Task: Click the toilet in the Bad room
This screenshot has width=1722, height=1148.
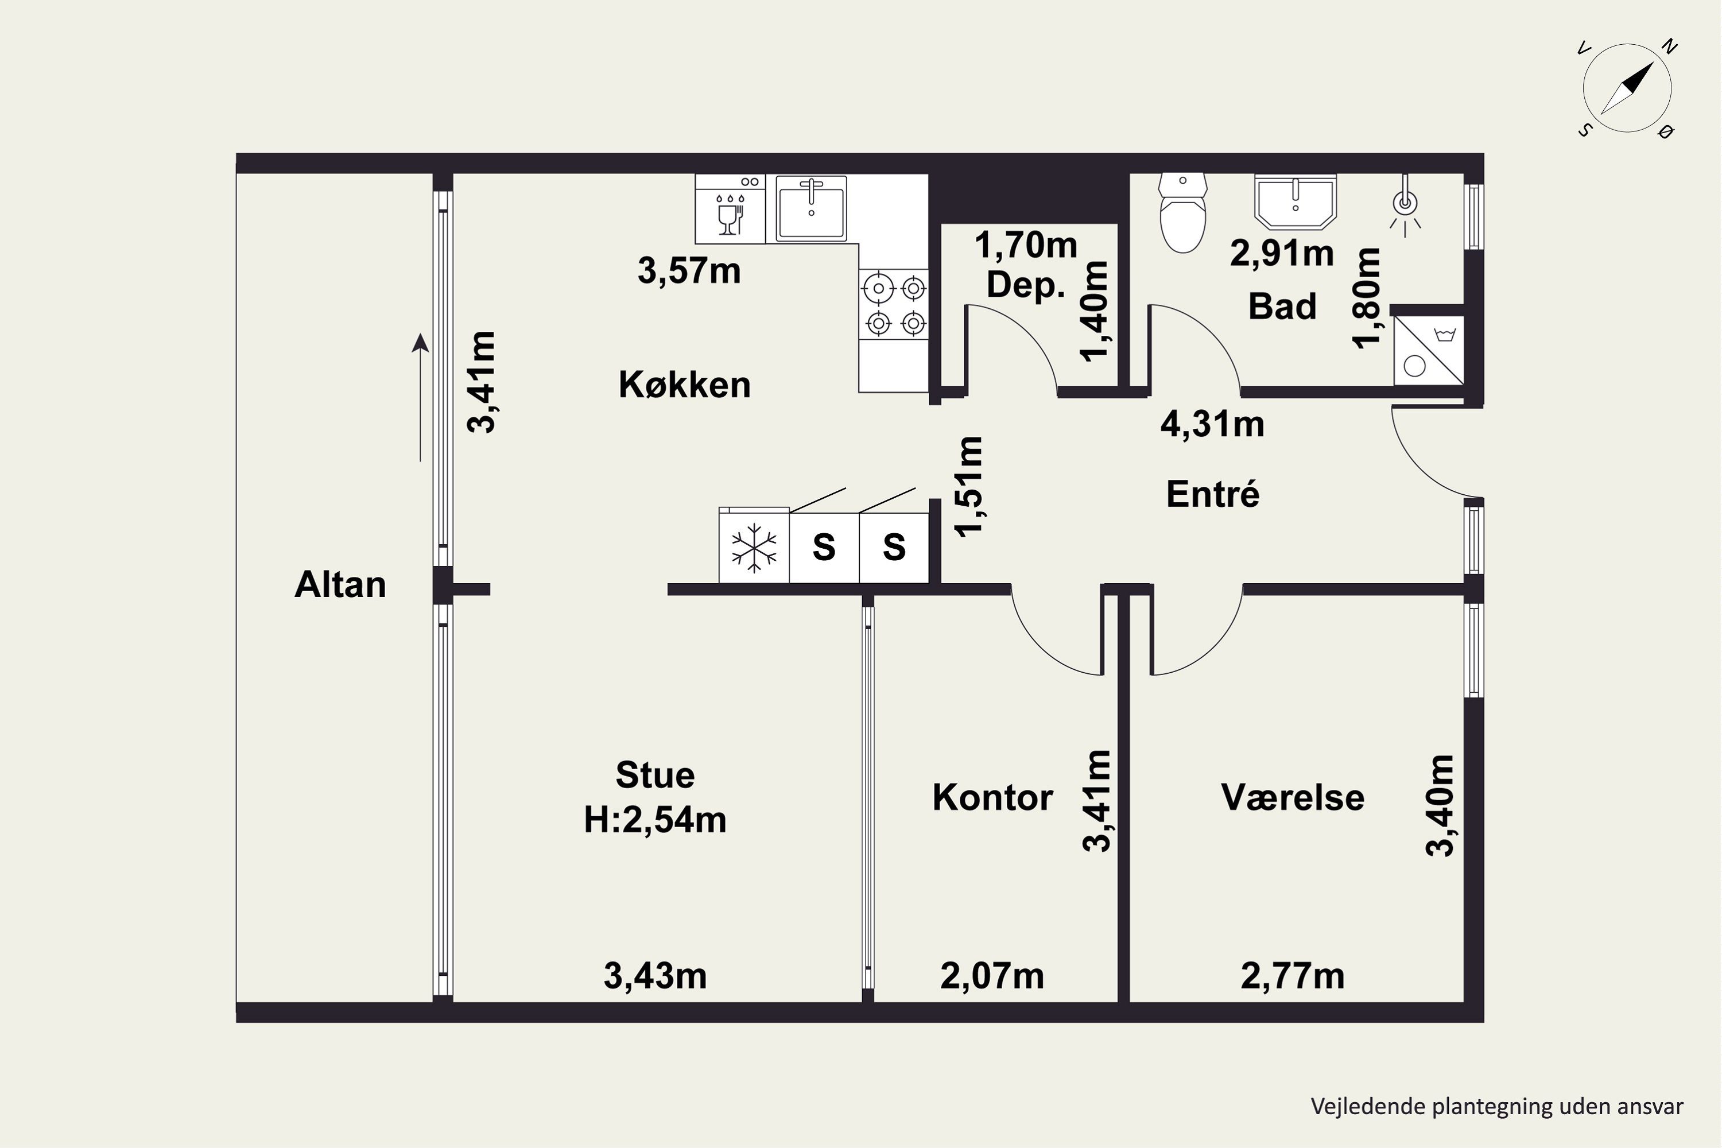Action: click(x=1182, y=213)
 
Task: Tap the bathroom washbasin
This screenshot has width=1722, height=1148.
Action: click(x=1295, y=201)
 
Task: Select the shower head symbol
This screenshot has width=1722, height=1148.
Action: click(x=1406, y=205)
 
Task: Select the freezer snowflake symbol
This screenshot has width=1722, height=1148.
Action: click(x=754, y=548)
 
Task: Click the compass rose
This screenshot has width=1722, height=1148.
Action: click(x=1627, y=88)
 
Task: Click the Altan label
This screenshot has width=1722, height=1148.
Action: click(x=340, y=585)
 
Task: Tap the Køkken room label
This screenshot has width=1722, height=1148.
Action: click(x=685, y=385)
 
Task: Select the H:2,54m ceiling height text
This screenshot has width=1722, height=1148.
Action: click(x=656, y=820)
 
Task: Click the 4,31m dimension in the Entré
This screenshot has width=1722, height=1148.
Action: click(x=1212, y=425)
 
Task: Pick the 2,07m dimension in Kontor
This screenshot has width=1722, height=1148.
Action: click(x=992, y=977)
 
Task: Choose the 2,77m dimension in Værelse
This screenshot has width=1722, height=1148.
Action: click(x=1293, y=977)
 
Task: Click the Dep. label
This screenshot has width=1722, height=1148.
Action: click(x=1026, y=285)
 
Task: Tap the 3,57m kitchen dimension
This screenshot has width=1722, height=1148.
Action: click(x=689, y=271)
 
